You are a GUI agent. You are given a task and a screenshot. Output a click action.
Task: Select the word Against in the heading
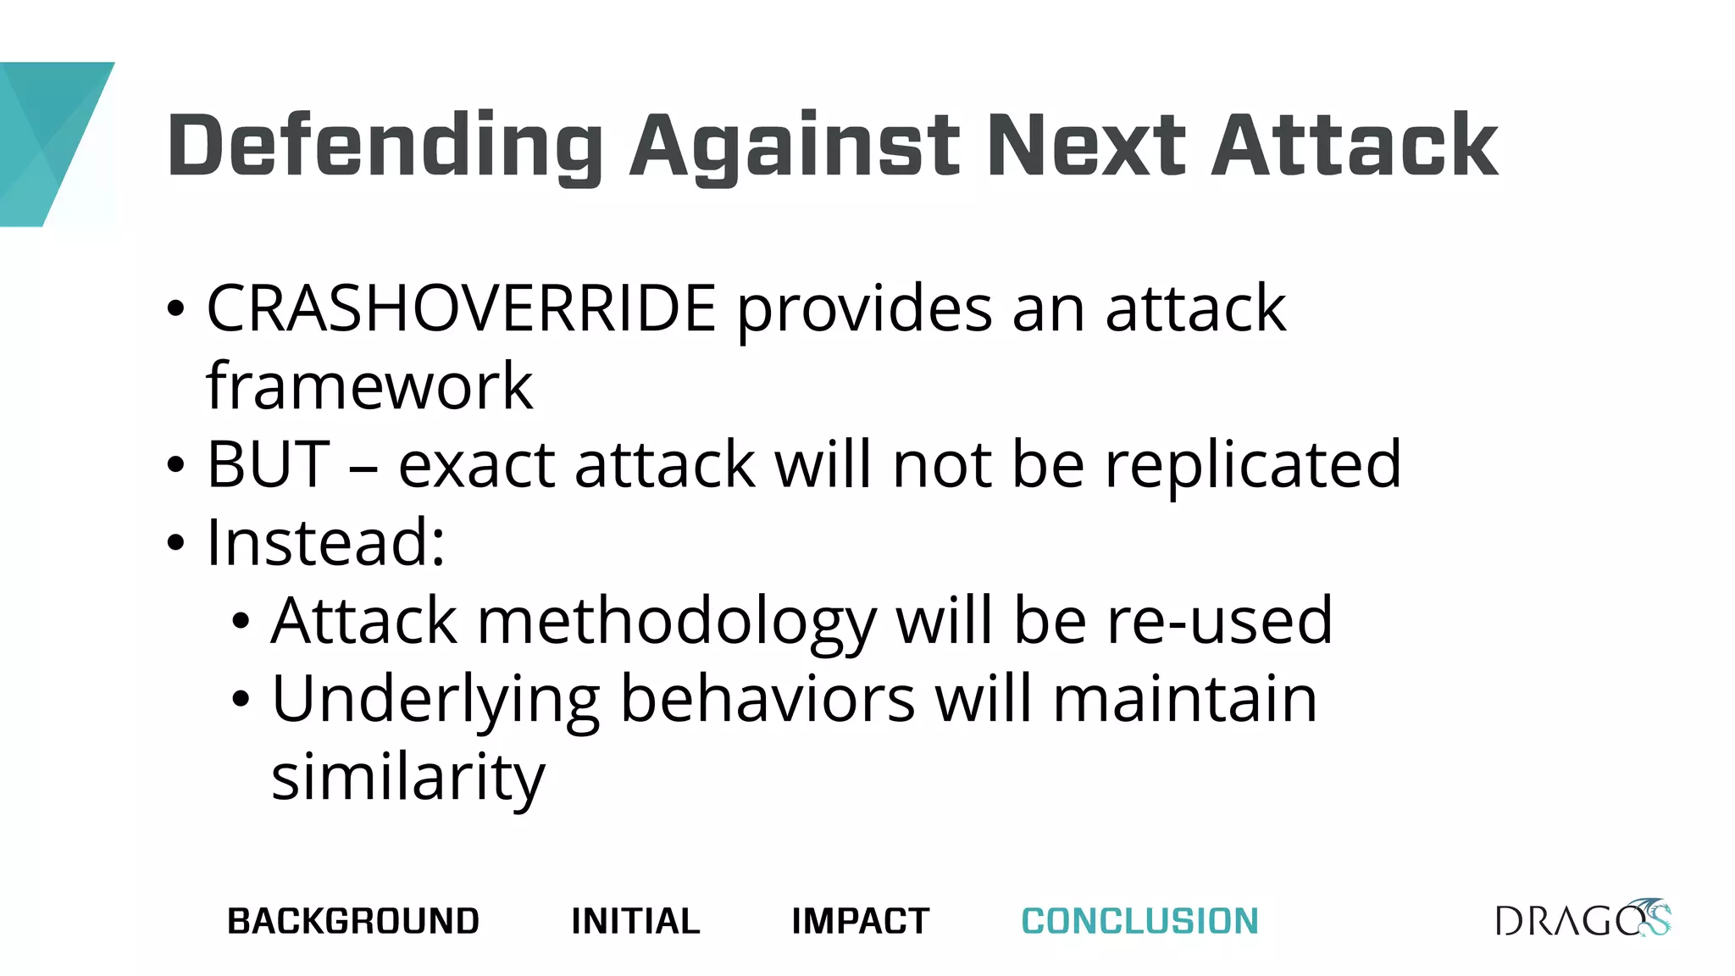(x=794, y=146)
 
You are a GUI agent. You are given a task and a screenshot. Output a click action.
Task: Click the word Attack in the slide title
(x=1355, y=146)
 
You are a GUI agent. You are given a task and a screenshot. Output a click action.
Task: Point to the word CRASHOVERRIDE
(x=462, y=308)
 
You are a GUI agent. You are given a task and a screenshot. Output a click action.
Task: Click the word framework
(x=369, y=386)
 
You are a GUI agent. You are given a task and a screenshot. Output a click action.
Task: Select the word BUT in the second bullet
(x=268, y=464)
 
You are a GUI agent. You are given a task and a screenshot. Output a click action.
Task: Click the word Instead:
(x=326, y=542)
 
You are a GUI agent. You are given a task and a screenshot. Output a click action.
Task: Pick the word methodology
(x=676, y=622)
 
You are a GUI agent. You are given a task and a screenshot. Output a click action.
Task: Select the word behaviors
(x=768, y=698)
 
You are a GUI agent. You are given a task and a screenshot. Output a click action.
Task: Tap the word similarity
(x=408, y=778)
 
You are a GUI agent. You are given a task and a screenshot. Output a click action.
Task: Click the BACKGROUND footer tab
(x=353, y=921)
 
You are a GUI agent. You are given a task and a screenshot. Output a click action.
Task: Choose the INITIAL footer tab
(x=635, y=921)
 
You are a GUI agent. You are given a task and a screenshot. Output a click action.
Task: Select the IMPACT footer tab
(x=860, y=921)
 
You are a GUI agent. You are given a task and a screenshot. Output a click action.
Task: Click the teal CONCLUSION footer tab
(x=1139, y=921)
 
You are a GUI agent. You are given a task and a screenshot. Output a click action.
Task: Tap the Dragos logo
(x=1583, y=919)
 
